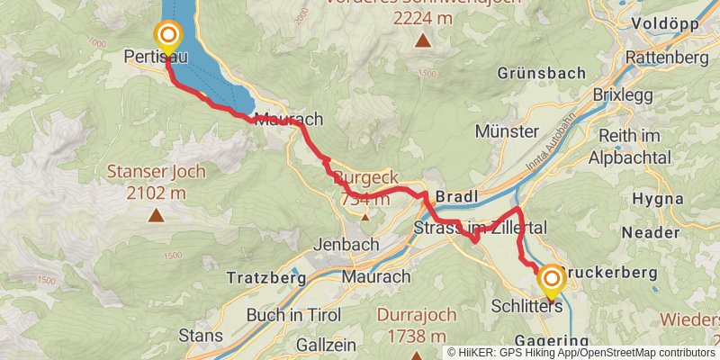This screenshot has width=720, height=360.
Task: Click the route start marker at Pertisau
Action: [x=167, y=36]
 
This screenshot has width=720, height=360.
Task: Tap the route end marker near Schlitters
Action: [x=550, y=280]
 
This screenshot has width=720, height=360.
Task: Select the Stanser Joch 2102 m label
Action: [x=157, y=179]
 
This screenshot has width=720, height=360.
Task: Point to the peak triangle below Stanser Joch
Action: [x=157, y=215]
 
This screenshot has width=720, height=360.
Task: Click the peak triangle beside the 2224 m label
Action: [x=421, y=40]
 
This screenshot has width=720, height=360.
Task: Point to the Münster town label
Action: [x=505, y=131]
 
